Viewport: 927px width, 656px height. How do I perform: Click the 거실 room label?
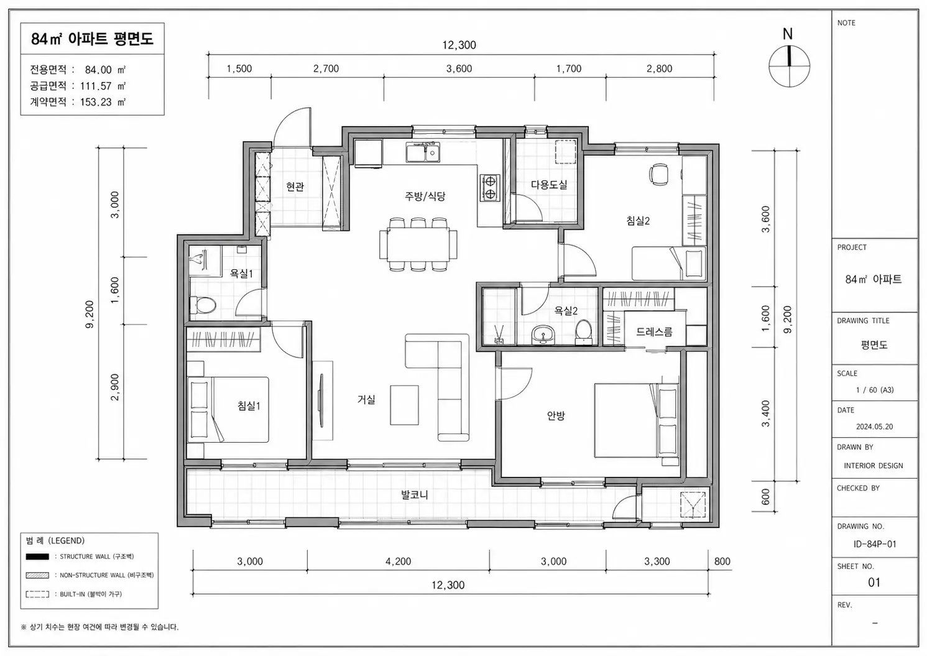366,399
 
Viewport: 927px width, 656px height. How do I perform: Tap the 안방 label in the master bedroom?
555,415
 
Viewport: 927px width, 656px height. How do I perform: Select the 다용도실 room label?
549,185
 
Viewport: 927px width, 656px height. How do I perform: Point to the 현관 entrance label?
295,187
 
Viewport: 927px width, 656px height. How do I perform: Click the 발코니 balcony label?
414,494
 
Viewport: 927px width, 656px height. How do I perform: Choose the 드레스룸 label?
654,331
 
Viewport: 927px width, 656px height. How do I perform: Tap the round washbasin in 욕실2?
543,335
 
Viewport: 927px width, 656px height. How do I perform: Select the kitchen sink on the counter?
423,152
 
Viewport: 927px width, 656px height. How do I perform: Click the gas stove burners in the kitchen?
490,188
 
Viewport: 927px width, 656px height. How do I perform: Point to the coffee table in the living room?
404,405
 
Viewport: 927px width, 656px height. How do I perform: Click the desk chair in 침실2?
658,174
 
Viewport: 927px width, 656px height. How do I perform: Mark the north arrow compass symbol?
789,66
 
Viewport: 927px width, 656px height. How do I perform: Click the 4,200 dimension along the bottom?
398,561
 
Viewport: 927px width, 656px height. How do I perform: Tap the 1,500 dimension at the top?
239,68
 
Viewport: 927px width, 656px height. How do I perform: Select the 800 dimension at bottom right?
722,561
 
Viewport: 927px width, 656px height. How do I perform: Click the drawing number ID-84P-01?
874,544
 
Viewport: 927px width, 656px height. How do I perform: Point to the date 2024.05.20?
874,427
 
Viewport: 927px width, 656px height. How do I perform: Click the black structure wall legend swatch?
37,557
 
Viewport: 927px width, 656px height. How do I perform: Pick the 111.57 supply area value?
96,86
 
